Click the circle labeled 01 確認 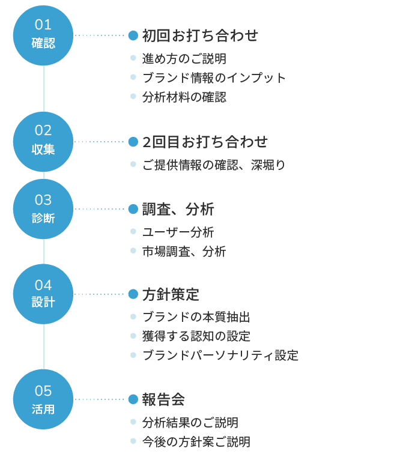click(x=43, y=35)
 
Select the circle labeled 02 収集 click(x=43, y=141)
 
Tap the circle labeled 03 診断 click(x=43, y=209)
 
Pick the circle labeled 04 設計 click(x=43, y=294)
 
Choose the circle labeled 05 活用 click(x=43, y=399)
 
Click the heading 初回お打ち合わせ click(x=200, y=35)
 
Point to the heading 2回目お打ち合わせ click(x=205, y=142)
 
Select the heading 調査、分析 click(x=178, y=209)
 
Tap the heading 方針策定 click(x=171, y=294)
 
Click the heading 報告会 click(x=163, y=399)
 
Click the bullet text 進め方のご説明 click(x=184, y=59)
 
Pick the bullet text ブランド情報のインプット click(x=214, y=77)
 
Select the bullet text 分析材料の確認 click(x=184, y=97)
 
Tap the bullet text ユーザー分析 click(x=178, y=232)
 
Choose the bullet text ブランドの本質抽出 click(x=196, y=317)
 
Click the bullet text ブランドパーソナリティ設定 click(x=220, y=355)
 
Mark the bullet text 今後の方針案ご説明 click(x=196, y=442)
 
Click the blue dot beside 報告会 click(x=133, y=399)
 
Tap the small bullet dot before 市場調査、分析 click(x=133, y=251)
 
